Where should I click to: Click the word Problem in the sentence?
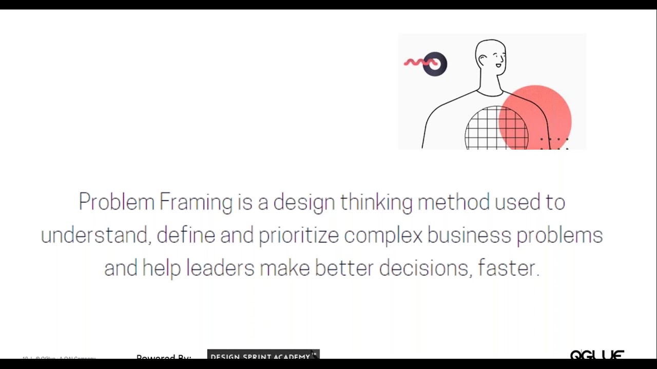coord(116,202)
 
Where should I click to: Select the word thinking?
coord(376,202)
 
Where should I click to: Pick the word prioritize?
coord(298,236)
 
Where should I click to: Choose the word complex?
coord(383,236)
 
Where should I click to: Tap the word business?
coord(469,235)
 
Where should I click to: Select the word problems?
coord(559,236)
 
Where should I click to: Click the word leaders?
coord(220,268)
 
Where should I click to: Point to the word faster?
coord(508,268)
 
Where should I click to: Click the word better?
coord(344,268)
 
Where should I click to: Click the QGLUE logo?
coord(597,355)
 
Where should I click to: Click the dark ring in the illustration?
coord(435,64)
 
